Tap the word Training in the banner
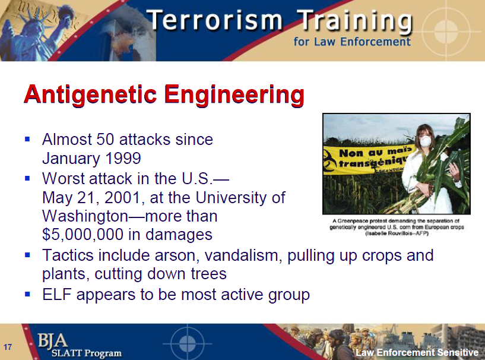click(355, 22)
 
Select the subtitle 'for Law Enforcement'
click(351, 42)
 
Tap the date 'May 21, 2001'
click(96, 197)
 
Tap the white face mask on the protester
click(424, 141)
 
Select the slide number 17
click(8, 347)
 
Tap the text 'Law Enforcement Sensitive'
click(417, 353)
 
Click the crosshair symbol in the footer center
click(187, 343)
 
